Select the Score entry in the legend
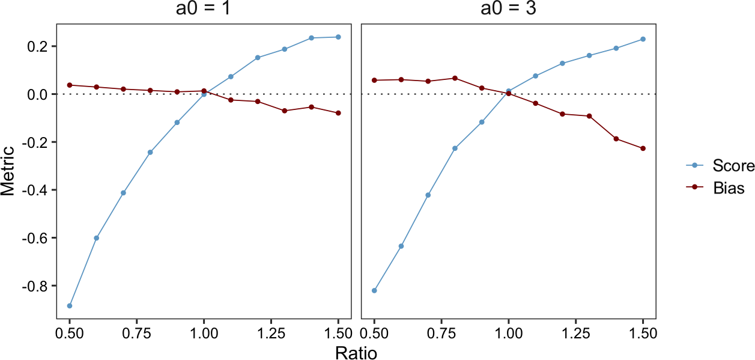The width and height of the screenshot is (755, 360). pyautogui.click(x=733, y=165)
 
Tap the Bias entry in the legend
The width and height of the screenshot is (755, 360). pyautogui.click(x=729, y=188)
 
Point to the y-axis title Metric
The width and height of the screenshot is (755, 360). pyautogui.click(x=8, y=171)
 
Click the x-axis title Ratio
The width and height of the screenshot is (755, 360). pyautogui.click(x=356, y=352)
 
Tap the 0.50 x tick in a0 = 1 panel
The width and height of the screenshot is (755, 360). pyautogui.click(x=70, y=332)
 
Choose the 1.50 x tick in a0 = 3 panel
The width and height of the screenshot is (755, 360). pyautogui.click(x=643, y=332)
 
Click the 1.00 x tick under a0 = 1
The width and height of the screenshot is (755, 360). pyautogui.click(x=204, y=332)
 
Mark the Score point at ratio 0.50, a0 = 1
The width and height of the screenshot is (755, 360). pyautogui.click(x=70, y=306)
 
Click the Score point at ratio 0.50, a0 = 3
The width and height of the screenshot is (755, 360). pyautogui.click(x=374, y=290)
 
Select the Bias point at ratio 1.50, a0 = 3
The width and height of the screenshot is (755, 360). pyautogui.click(x=643, y=148)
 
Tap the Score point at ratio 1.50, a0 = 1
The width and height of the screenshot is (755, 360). pyautogui.click(x=338, y=37)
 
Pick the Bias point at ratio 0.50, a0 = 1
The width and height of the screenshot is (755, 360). pyautogui.click(x=70, y=85)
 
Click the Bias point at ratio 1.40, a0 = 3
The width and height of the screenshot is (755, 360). pyautogui.click(x=616, y=139)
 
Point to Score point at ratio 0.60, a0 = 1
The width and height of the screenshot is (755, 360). pyautogui.click(x=96, y=238)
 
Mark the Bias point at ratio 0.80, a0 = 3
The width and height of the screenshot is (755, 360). pyautogui.click(x=455, y=78)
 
